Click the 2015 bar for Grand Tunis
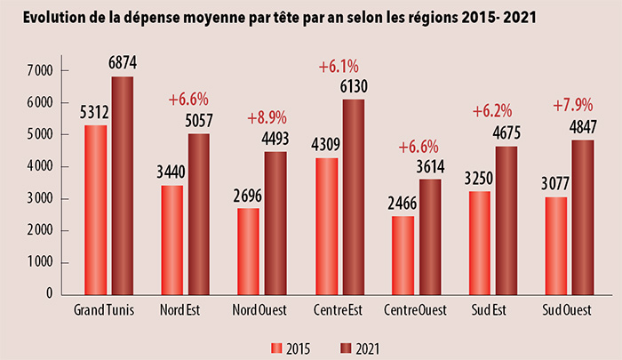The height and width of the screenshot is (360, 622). click(94, 210)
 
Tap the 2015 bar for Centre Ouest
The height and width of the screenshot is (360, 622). click(403, 255)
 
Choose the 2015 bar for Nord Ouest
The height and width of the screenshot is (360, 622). click(248, 252)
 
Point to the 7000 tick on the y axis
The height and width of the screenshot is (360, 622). click(41, 70)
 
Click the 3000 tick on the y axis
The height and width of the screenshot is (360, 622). click(41, 198)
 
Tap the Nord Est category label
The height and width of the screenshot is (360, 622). click(179, 310)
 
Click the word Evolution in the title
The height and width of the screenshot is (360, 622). click(58, 18)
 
